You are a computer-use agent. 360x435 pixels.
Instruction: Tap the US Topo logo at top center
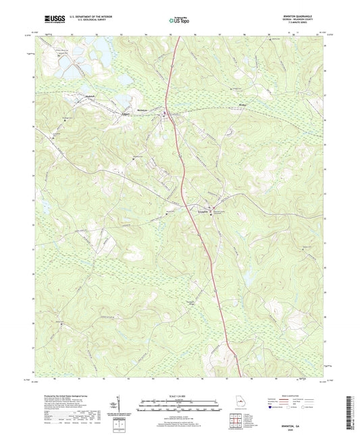[x=178, y=21]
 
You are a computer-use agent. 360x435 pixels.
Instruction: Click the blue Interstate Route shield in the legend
[x=274, y=407]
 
